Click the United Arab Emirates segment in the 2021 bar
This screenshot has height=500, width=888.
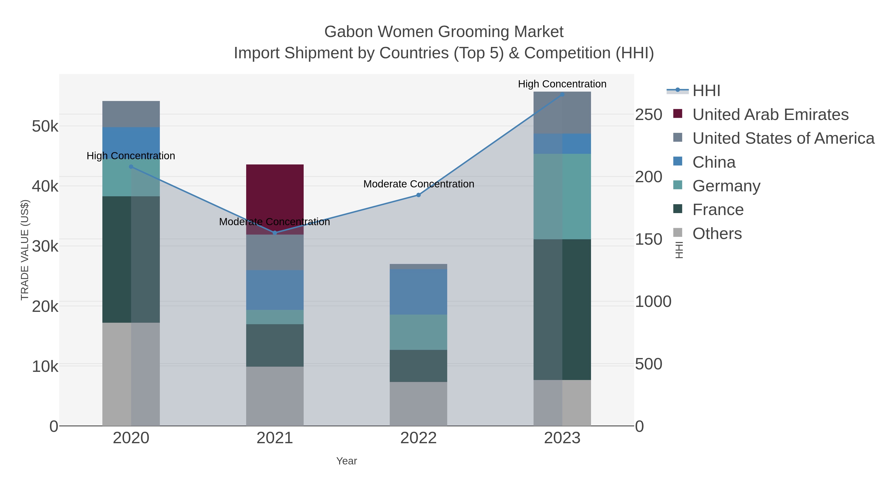click(275, 193)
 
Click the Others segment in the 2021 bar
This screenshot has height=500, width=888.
click(275, 396)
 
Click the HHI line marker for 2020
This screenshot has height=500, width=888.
click(131, 167)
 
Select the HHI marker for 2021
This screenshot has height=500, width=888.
click(275, 233)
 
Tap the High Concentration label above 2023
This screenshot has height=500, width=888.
click(562, 84)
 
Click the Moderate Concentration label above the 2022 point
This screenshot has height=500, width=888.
click(419, 184)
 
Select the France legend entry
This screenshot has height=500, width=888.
click(718, 209)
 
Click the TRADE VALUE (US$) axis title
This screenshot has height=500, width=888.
click(25, 250)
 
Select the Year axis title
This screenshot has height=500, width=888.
click(347, 461)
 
